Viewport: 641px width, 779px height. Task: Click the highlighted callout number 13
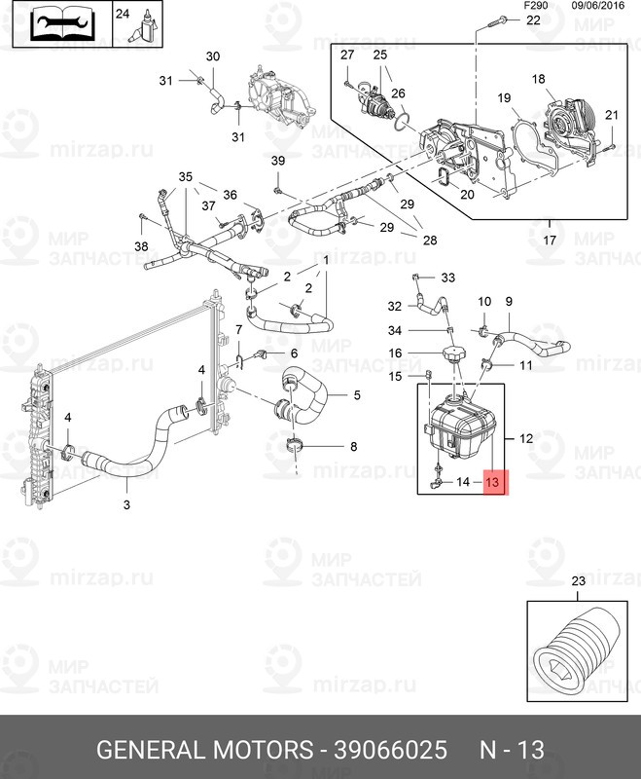coord(494,481)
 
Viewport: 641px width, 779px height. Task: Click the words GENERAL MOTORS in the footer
coord(204,751)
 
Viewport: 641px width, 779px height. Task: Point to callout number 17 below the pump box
coord(551,239)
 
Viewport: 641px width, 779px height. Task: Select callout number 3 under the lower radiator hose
coord(126,504)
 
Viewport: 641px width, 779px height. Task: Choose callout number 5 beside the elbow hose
coord(356,394)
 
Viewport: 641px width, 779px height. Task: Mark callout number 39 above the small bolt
coord(278,161)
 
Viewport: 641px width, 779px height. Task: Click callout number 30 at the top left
coord(213,56)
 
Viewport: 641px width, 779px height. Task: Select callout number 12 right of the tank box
coord(525,439)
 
